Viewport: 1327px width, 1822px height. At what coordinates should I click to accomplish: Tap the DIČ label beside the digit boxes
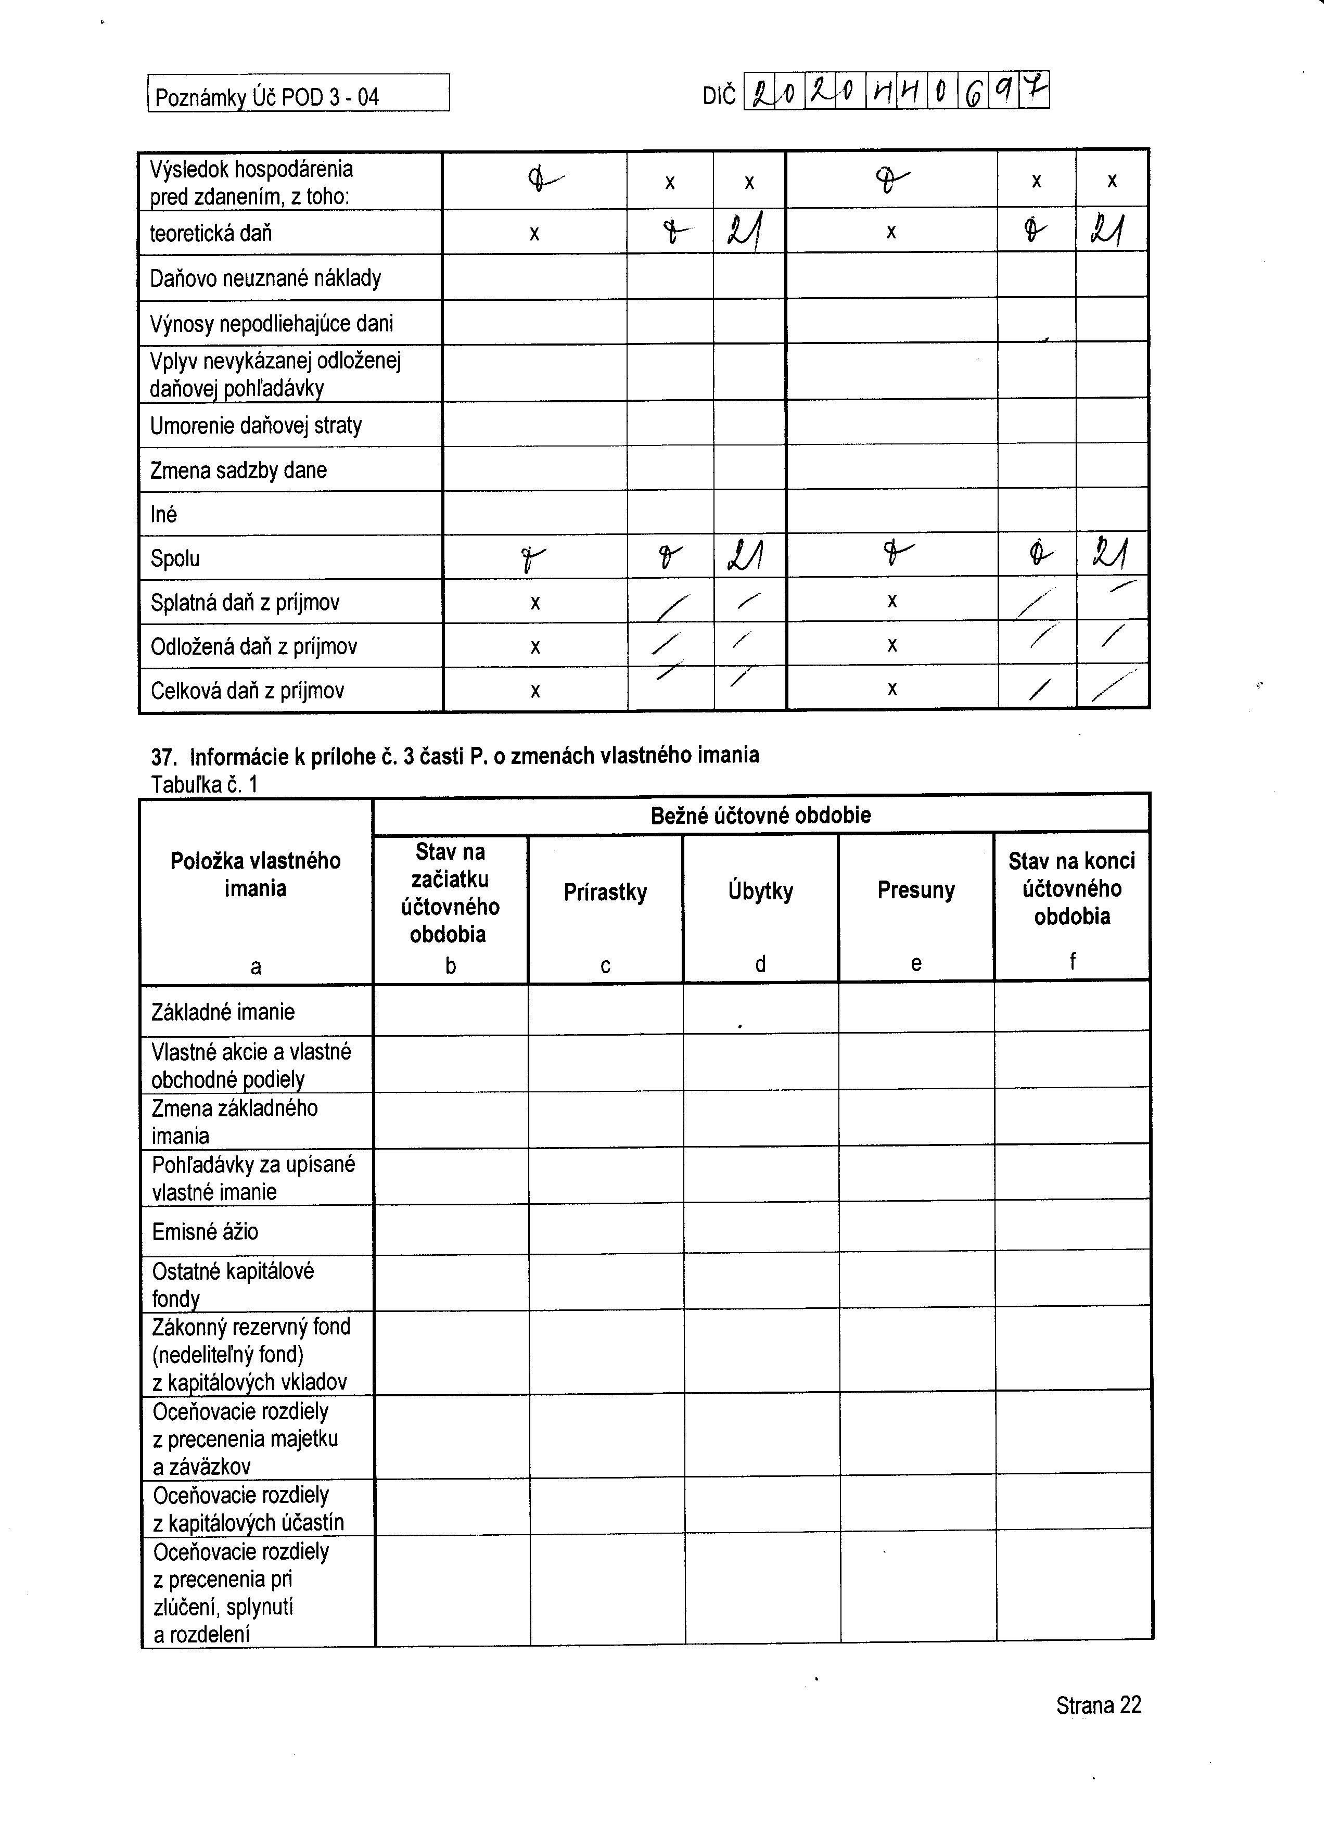(x=719, y=96)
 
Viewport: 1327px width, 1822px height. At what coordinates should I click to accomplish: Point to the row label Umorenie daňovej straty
(x=256, y=426)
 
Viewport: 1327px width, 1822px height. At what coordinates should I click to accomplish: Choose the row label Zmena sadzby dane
(x=238, y=471)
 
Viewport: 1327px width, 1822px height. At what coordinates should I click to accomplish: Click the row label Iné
(x=164, y=515)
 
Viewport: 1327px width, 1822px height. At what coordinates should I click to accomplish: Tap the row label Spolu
(x=175, y=559)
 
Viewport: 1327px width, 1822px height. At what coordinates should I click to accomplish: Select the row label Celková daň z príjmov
(x=247, y=691)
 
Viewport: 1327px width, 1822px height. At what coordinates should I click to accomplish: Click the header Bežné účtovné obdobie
(x=761, y=816)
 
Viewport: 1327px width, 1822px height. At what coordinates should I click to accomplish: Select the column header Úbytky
(x=761, y=891)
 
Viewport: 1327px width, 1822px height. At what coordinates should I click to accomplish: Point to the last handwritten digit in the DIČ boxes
(x=1035, y=91)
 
